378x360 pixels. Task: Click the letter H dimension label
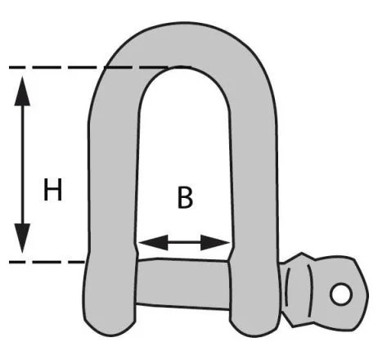(53, 190)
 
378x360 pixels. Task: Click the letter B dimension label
(185, 197)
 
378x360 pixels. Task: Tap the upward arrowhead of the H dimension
(22, 91)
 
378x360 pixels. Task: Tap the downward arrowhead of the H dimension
(22, 238)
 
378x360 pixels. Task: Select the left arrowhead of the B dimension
(153, 242)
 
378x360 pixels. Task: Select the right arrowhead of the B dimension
(215, 242)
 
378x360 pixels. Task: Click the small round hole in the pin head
(340, 294)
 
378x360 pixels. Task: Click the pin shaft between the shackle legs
(182, 284)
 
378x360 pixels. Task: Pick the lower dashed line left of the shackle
(47, 262)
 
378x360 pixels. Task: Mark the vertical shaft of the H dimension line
(22, 164)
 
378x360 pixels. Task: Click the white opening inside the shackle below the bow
(184, 153)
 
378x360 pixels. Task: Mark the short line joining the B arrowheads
(184, 242)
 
